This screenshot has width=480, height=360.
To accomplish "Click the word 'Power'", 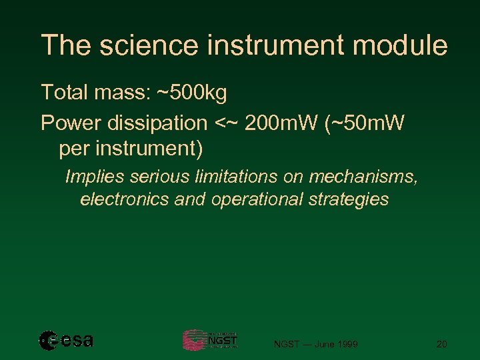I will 67,123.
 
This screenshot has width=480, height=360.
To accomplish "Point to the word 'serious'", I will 150,177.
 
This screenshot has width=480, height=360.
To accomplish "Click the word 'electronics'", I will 124,199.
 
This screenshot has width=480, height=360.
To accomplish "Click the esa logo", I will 66,340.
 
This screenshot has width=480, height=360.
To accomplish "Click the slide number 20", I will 441,344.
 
